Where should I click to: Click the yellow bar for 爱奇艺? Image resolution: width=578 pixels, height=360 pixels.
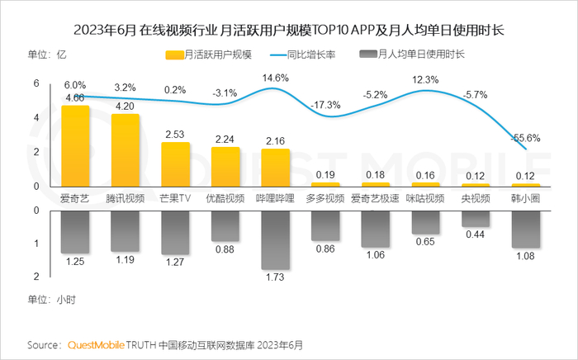76,145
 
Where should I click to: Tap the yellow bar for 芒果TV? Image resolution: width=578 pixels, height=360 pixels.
175,163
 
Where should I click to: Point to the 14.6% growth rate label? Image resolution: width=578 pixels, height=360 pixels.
275,78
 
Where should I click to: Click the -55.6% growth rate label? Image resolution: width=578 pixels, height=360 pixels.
526,137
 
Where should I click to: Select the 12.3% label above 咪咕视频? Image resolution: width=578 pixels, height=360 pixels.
427,79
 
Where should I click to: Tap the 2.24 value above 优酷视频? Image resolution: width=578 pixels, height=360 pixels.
225,139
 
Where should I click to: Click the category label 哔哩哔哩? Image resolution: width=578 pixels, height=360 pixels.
275,198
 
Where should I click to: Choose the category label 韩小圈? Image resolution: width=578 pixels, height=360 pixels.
525,198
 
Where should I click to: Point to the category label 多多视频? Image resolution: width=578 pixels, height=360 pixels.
325,198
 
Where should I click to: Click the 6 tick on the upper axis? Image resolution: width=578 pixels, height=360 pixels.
36,83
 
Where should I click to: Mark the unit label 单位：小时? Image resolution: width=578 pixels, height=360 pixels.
51,299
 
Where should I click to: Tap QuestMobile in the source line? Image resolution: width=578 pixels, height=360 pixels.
95,343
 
